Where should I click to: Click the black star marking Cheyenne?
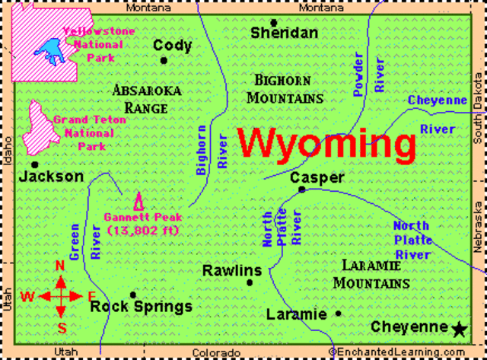(459, 329)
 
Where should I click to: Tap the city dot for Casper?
(302, 190)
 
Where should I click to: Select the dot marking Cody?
(164, 60)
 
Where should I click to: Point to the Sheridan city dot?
(274, 23)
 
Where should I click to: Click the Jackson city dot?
(34, 164)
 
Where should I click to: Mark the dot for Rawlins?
(250, 282)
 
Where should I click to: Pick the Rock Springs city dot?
(133, 295)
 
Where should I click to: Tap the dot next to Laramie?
(338, 313)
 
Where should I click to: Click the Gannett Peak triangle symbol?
(138, 202)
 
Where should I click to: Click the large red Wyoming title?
(326, 143)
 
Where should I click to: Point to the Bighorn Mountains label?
(288, 88)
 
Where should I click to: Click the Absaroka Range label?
(146, 99)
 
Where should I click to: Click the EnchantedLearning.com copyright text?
(406, 352)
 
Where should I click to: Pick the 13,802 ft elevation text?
(138, 230)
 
